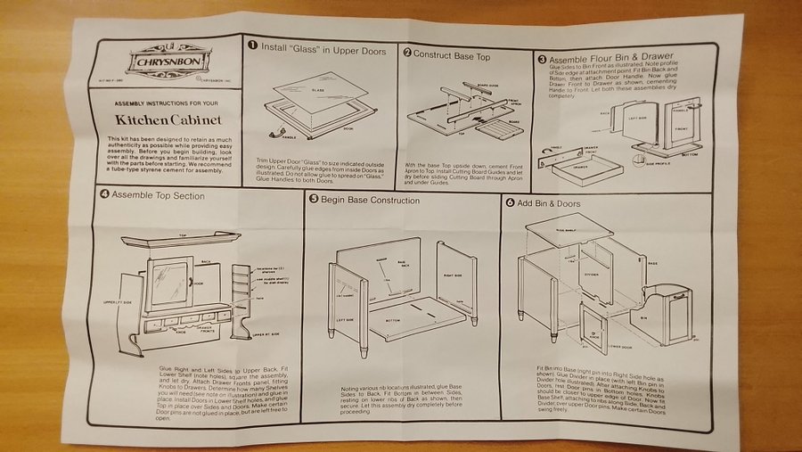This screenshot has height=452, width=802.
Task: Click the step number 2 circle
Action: coord(406,54)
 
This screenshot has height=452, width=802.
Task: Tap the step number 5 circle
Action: coord(314,200)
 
